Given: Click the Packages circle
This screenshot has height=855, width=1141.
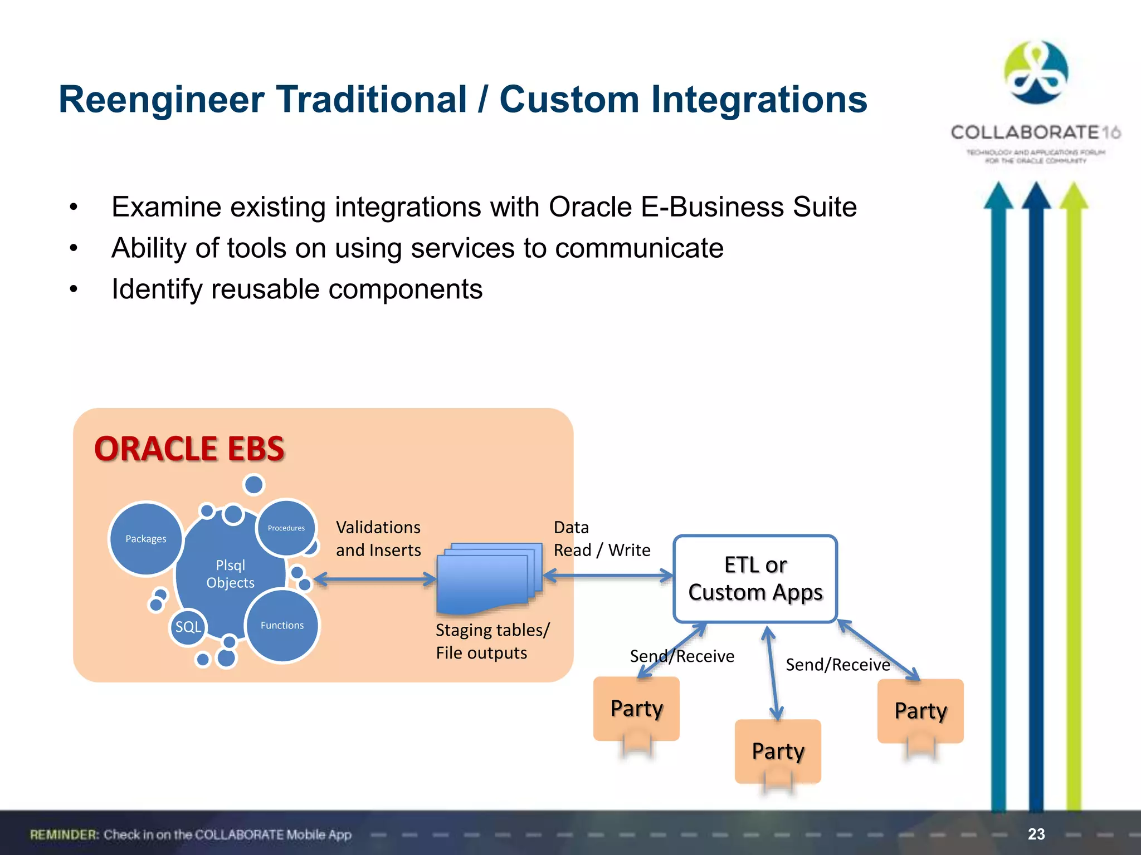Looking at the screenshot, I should coord(146,538).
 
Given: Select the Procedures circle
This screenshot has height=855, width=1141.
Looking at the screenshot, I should coord(286,527).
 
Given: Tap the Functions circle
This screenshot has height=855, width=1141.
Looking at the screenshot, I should coord(282,625).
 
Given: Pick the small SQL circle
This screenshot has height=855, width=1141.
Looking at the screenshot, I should coord(188,627).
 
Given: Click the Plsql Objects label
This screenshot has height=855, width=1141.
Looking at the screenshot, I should coord(230,574).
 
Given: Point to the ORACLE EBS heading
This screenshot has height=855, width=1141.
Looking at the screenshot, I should coord(189,449).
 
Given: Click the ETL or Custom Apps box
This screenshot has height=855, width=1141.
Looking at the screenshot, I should coord(755,579).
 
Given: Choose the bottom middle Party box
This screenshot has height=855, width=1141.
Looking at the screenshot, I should coord(778,751).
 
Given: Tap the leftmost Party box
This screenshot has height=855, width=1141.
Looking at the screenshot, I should coord(636,709).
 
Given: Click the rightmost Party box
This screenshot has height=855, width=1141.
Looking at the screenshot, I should coord(920,711).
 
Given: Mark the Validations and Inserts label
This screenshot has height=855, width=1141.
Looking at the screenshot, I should coord(378,538).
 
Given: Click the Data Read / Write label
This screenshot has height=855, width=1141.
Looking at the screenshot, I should coord(601,538).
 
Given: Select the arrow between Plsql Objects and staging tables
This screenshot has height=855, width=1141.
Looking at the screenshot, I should coord(376,579).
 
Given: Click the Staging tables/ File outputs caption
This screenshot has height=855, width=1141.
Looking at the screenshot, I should coord(492,641).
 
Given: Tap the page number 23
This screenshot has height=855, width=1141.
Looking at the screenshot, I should coord(1036,834).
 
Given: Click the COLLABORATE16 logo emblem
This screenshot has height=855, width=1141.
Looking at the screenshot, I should coord(1036,72).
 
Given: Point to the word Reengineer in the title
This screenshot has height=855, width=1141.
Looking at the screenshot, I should coord(161,100).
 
